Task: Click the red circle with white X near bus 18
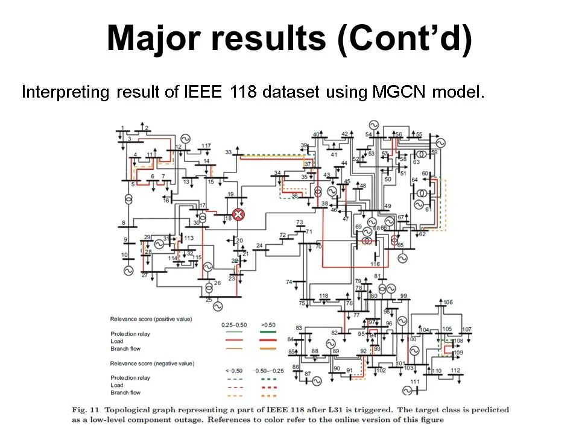coord(239,215)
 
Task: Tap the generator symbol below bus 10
coord(128,271)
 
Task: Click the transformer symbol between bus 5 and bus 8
coord(128,200)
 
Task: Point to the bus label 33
coord(229,153)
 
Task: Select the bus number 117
coord(206,146)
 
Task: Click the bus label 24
coord(259,245)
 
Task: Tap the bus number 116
coord(375,264)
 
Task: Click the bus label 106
coord(448,302)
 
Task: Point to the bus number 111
coord(415,382)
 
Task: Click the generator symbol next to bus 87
coord(317,380)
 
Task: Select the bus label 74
coord(289,281)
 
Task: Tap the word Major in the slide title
coord(154,39)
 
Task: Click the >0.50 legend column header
coord(268,324)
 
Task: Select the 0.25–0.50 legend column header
coord(232,324)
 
